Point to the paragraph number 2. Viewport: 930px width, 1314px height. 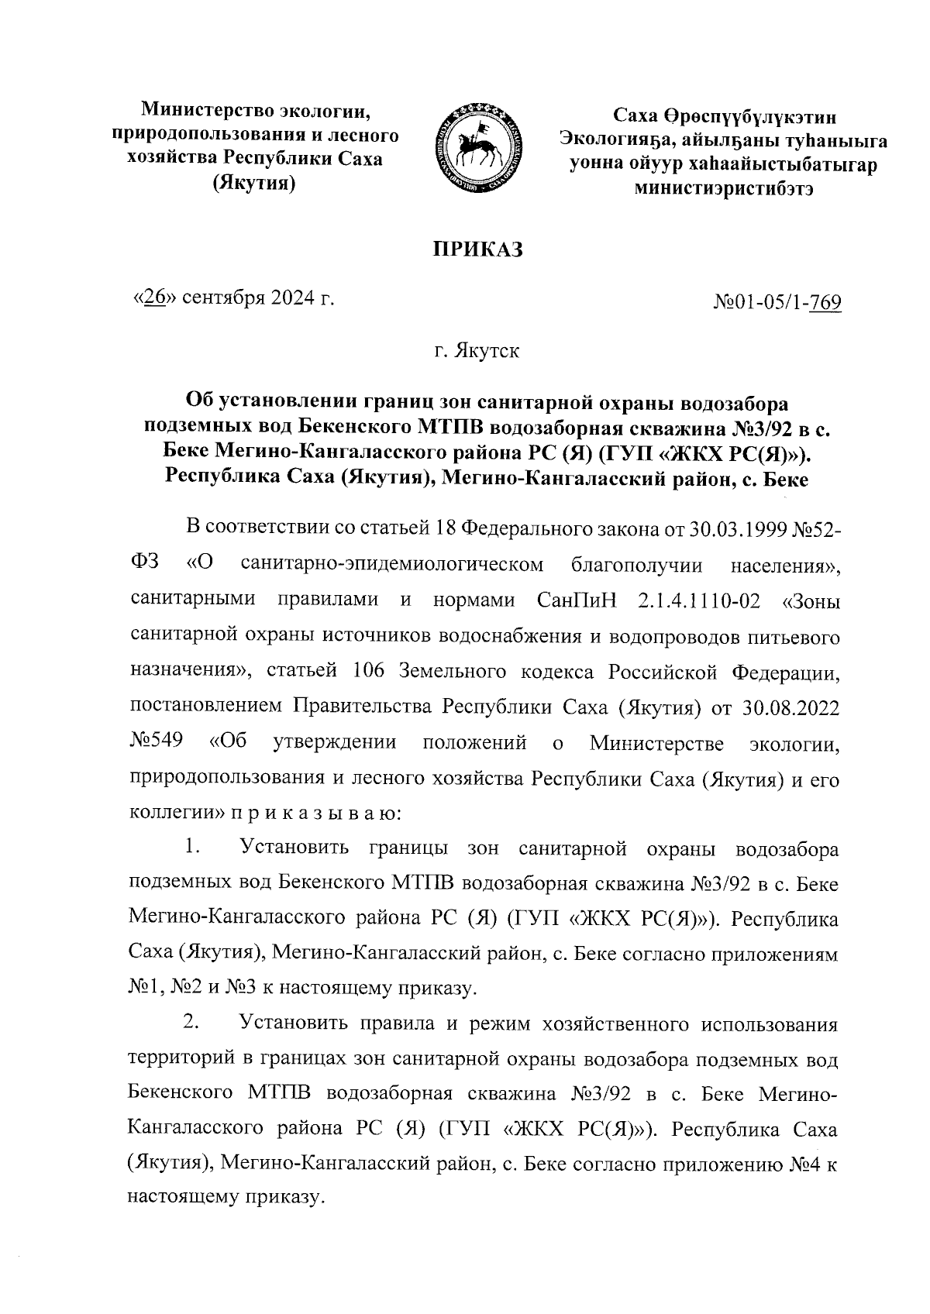(x=192, y=1023)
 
